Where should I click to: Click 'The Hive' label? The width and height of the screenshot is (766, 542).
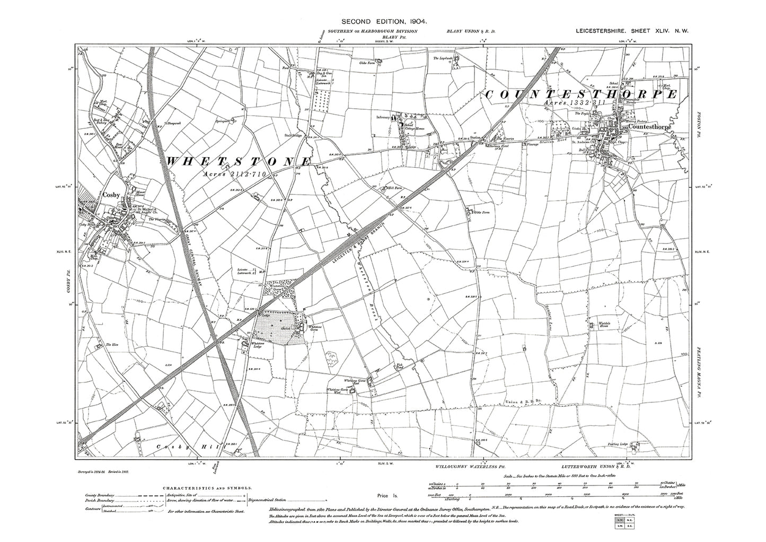pos(111,345)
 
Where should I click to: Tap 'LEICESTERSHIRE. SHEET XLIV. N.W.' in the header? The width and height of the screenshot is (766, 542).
pos(632,32)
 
